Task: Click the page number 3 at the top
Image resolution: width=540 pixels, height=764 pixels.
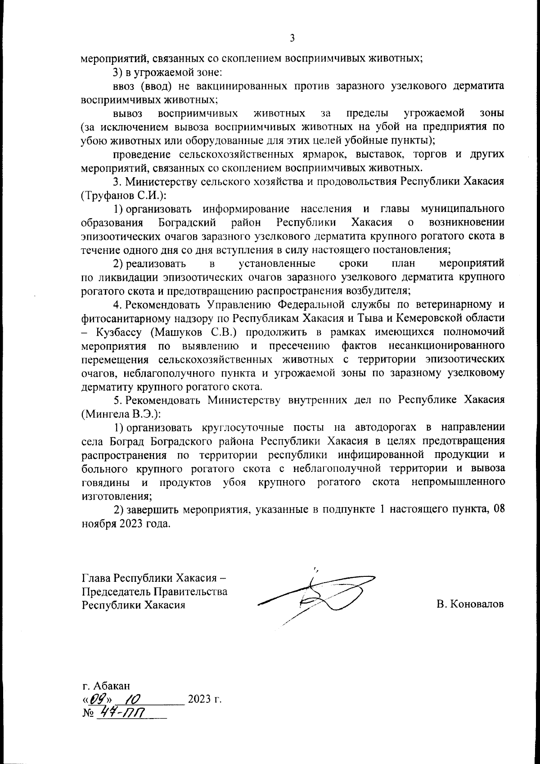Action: [292, 39]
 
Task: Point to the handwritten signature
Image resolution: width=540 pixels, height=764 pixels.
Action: [317, 595]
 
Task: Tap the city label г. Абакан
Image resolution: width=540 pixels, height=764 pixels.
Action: [106, 686]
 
